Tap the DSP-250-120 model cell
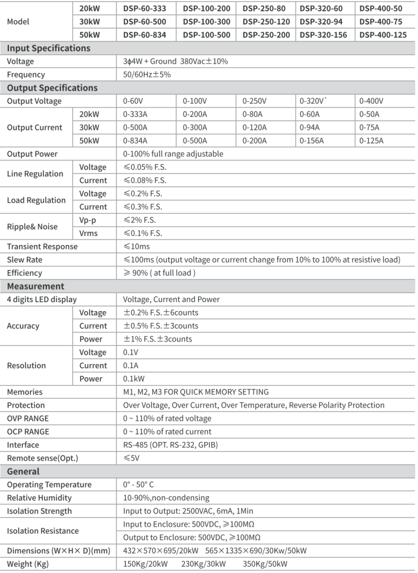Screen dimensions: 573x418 tap(266, 22)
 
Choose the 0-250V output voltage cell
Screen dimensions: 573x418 tap(255, 101)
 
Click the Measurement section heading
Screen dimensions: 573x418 tap(35, 286)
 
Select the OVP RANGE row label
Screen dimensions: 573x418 tap(27, 419)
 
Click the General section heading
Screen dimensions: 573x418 tap(23, 472)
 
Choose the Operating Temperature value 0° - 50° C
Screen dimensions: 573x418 tap(147, 485)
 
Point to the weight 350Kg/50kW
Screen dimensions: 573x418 tap(265, 563)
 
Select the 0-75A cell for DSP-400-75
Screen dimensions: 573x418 tap(370, 128)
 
